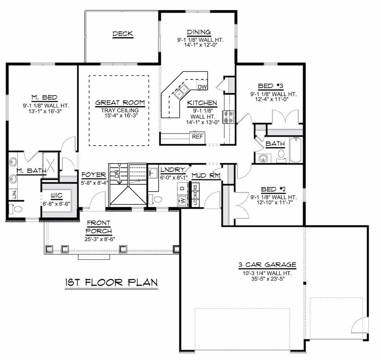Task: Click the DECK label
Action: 123,34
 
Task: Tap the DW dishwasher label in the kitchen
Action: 202,87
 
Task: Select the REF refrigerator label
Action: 197,137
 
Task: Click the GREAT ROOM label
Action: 120,103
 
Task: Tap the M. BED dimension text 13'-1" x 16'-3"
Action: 45,111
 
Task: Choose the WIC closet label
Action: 57,196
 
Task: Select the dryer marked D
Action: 182,188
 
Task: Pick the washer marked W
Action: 182,200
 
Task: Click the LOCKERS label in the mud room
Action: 195,195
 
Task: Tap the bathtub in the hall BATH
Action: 296,150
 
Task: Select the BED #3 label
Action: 271,86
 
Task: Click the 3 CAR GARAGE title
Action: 267,265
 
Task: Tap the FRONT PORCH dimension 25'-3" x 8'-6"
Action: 100,239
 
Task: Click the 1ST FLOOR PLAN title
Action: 111,283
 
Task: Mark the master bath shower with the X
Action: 50,165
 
